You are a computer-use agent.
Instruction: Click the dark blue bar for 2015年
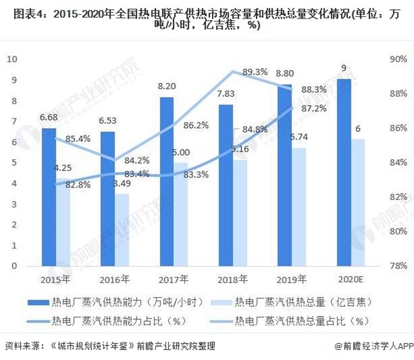coord(49,197)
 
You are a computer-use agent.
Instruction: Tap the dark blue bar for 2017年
coord(167,181)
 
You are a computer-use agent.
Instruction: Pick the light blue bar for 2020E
coord(358,202)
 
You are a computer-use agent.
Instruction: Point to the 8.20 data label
coord(167,86)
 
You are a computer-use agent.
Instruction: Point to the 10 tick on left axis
coord(12,59)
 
